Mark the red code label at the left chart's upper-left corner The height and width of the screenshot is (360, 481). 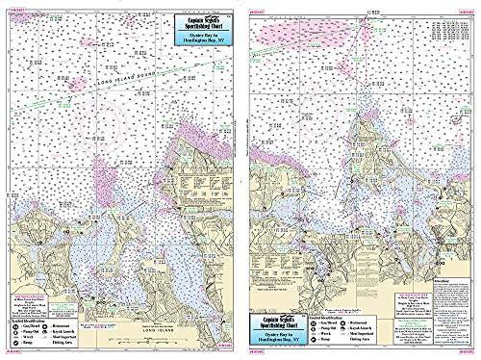pyautogui.click(x=15, y=7)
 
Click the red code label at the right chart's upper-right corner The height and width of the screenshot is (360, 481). pyautogui.click(x=466, y=7)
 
